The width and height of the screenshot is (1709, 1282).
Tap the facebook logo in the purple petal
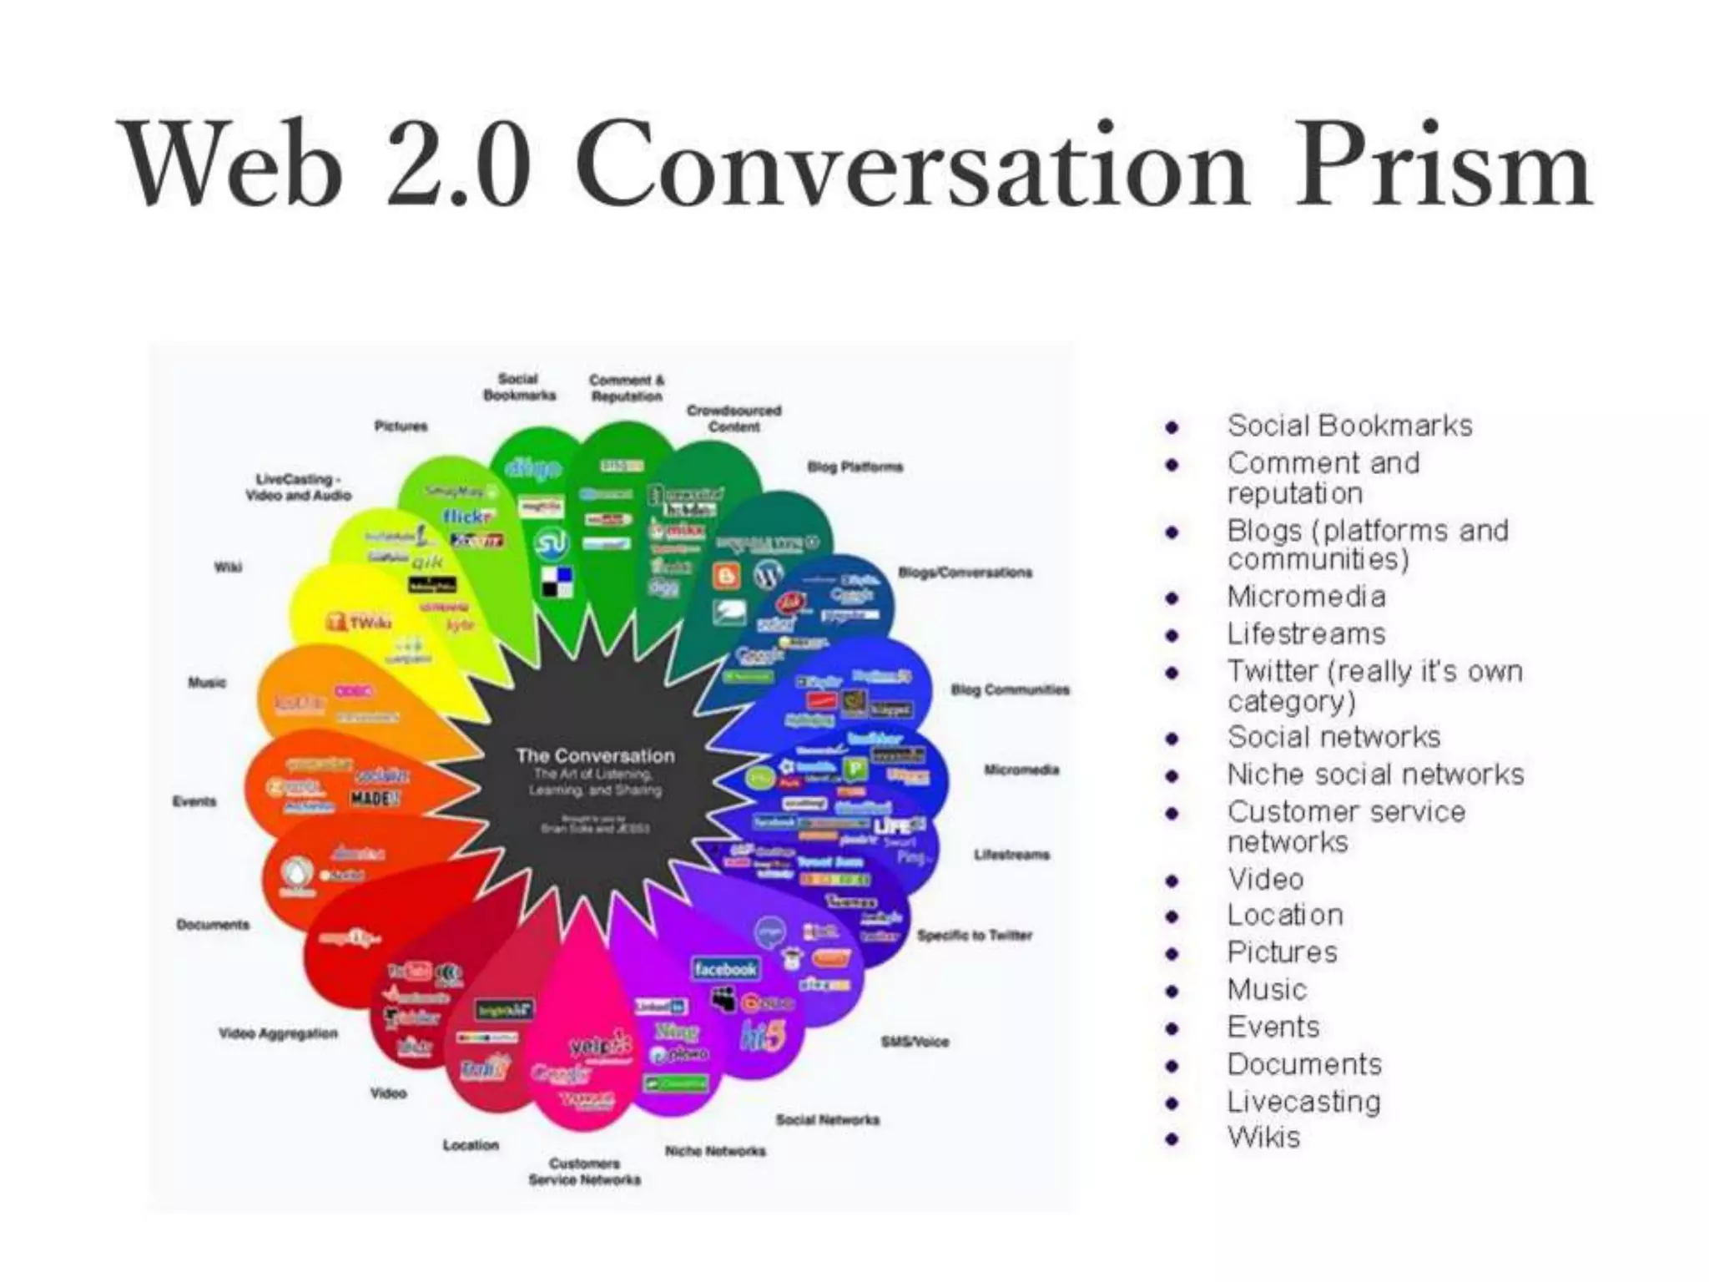(724, 969)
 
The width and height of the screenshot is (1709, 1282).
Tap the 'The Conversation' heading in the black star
(595, 756)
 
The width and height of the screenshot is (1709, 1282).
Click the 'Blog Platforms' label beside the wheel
(854, 467)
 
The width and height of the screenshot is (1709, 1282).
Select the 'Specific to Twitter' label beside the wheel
(974, 936)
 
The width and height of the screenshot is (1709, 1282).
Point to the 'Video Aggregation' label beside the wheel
(278, 1033)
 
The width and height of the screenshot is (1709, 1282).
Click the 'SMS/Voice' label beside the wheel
(915, 1042)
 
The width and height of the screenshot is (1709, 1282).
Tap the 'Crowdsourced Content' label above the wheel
(734, 418)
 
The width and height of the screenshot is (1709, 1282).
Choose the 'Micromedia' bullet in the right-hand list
(1306, 597)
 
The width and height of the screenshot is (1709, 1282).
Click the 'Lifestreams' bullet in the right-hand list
(1306, 634)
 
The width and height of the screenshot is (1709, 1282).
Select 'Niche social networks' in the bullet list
(1375, 775)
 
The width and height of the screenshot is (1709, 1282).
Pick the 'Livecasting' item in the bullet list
(1303, 1102)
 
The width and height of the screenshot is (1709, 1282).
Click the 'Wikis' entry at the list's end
(1263, 1138)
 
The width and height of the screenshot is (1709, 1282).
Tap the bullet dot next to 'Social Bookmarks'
(1172, 427)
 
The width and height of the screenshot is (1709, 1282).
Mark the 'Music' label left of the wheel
(207, 683)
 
